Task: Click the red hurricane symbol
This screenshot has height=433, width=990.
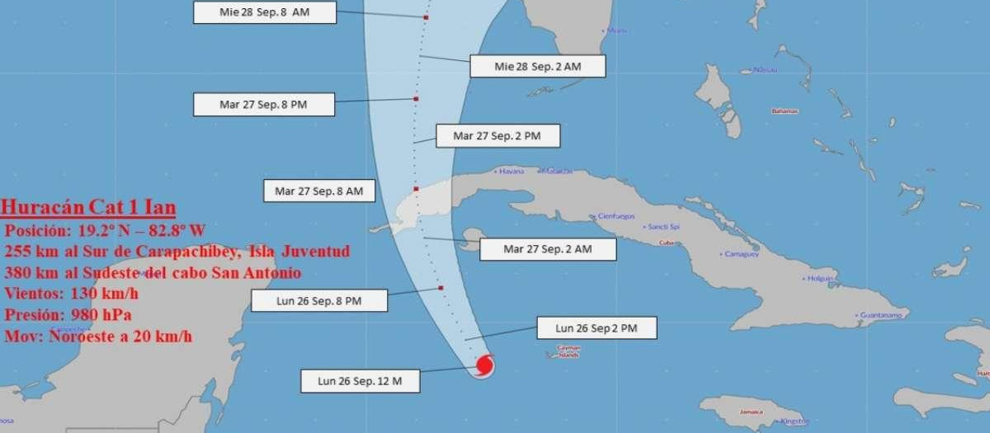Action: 485,364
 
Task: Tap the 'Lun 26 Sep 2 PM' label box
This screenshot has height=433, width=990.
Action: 596,327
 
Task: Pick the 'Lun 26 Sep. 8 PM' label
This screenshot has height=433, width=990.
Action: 318,301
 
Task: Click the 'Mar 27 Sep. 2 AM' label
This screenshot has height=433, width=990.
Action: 548,248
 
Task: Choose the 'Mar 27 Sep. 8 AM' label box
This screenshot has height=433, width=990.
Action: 319,191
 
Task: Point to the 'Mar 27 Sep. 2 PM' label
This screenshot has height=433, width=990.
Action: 497,136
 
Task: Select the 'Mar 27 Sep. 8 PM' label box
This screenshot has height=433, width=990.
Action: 264,105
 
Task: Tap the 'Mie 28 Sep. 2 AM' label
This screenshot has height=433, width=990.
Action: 537,66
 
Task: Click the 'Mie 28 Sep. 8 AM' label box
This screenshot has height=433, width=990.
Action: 266,12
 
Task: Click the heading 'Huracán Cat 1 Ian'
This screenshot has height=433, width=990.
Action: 88,207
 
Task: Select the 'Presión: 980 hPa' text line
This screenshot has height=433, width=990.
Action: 68,314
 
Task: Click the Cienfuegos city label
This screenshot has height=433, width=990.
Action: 615,217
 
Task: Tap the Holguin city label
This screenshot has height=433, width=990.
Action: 820,279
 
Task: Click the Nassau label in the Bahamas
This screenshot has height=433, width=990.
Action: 765,71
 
